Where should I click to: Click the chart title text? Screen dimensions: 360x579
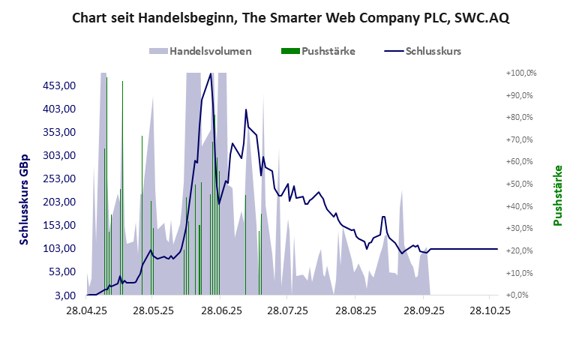click(289, 17)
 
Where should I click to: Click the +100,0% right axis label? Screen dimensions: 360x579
click(522, 73)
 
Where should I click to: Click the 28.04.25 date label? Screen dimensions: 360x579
click(87, 309)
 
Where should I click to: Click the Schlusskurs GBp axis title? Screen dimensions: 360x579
click(24, 199)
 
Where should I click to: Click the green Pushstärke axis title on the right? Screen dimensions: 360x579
click(557, 194)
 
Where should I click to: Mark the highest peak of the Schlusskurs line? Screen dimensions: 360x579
click(211, 73)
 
